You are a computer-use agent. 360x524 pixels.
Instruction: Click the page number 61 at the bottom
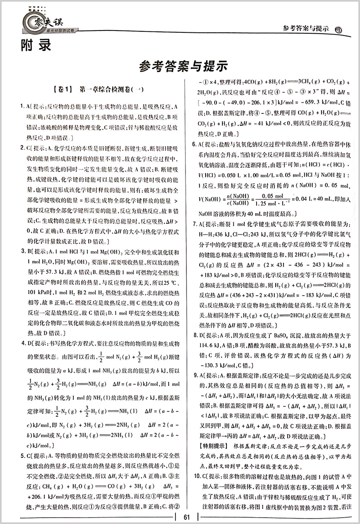point(186,516)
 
